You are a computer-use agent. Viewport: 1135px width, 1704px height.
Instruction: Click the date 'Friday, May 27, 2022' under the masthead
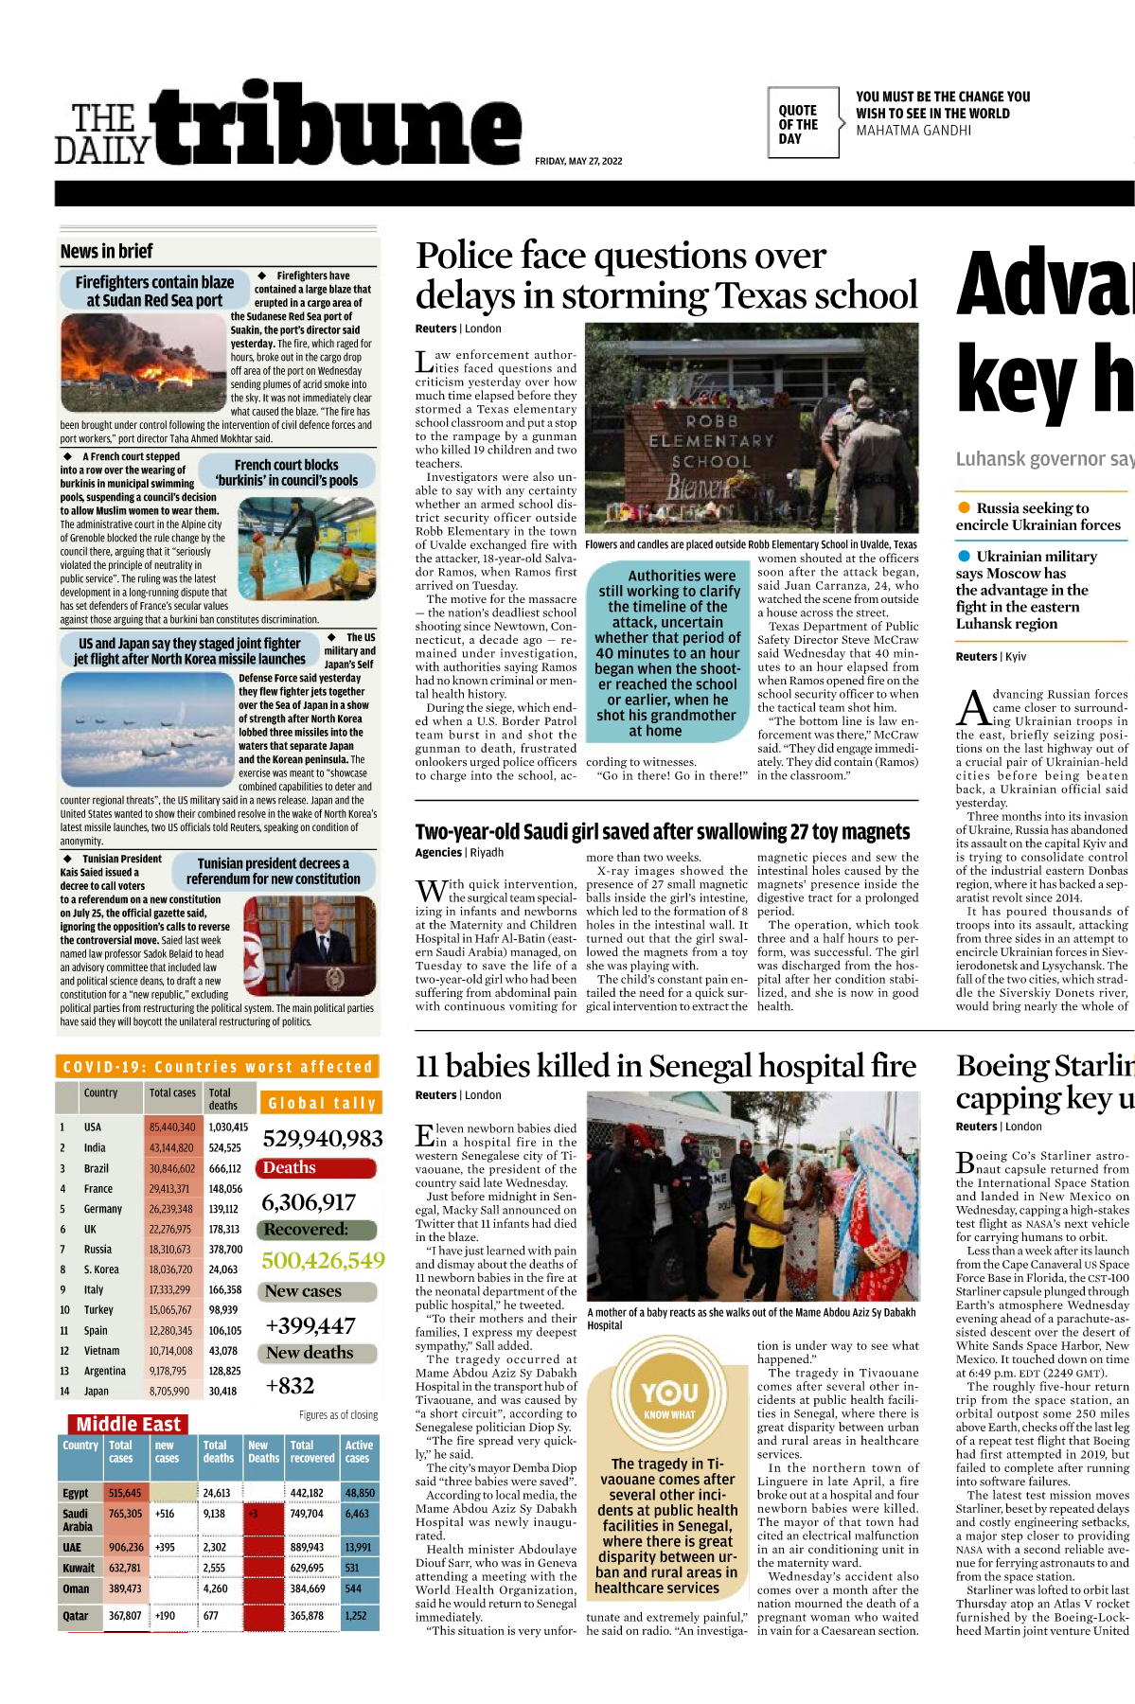pos(578,161)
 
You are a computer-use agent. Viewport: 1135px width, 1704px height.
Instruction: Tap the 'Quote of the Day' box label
pos(798,124)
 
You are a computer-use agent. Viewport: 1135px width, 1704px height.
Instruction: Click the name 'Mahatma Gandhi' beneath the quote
pos(913,131)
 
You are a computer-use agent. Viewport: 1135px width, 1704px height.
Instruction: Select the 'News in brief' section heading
pos(107,251)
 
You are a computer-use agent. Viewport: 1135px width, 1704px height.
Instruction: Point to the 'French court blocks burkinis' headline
pos(286,472)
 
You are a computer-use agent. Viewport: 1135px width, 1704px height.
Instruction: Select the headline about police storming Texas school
pos(665,275)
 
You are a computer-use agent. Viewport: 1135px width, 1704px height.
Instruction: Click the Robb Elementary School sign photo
pos(752,428)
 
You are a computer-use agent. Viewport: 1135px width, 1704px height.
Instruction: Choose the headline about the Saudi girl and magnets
pos(662,831)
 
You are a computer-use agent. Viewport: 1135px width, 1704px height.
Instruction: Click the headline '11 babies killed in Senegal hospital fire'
pos(665,1066)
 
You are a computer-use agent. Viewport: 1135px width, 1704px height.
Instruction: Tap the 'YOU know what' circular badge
pos(669,1397)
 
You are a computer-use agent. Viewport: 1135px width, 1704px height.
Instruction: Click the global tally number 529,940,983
pos(322,1138)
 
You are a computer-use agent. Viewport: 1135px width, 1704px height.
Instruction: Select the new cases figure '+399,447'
pos(310,1325)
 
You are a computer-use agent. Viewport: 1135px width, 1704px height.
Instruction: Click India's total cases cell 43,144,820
pos(171,1147)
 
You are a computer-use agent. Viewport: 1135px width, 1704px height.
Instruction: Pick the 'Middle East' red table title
pos(128,1424)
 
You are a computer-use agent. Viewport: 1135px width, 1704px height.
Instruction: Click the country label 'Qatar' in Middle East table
pos(76,1615)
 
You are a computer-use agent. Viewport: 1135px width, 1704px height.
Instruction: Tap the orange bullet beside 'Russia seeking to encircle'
pos(964,507)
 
